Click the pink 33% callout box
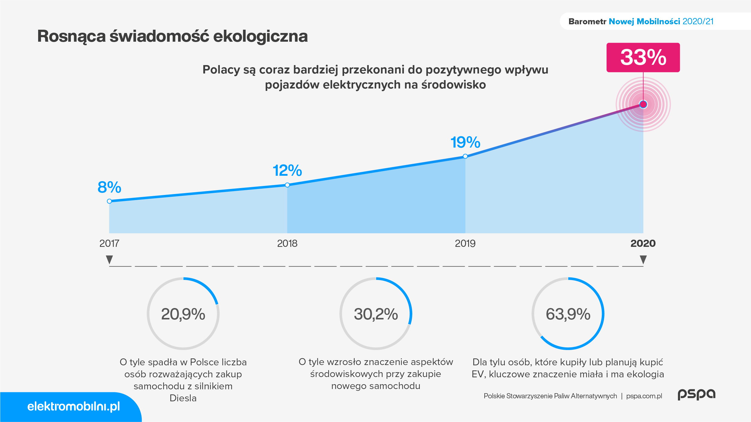[643, 57]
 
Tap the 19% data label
[465, 142]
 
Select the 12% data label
[287, 170]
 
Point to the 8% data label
[109, 187]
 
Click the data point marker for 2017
[109, 201]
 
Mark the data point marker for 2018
[287, 185]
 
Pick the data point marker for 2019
[465, 156]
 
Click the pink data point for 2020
[643, 104]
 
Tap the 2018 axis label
[287, 243]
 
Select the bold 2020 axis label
[643, 243]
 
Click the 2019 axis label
[465, 243]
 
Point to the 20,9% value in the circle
[183, 314]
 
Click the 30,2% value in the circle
[376, 314]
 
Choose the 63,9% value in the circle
[568, 314]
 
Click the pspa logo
[697, 394]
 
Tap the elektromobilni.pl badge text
[74, 406]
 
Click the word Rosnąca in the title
[71, 37]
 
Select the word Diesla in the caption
[183, 398]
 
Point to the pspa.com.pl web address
[644, 396]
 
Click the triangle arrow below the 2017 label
[109, 259]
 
